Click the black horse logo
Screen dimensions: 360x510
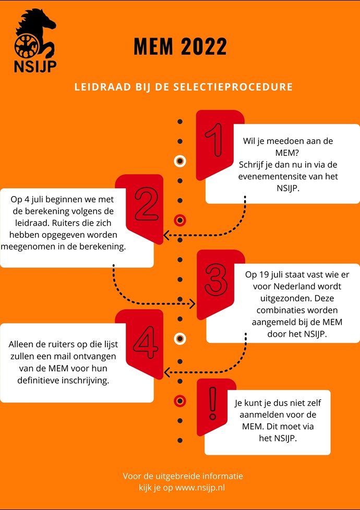coord(35,33)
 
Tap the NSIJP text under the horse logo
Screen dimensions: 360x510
coord(35,66)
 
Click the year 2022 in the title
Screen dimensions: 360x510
coord(204,46)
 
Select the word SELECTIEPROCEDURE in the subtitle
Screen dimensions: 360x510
coord(233,87)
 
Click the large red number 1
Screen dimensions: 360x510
coord(215,140)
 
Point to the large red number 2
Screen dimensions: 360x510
coord(147,204)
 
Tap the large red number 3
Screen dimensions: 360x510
coord(215,280)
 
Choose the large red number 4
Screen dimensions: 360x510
coord(146,342)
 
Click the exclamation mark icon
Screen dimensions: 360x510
coord(213,403)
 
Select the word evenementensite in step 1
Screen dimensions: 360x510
coord(271,177)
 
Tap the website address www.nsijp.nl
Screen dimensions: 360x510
coord(200,488)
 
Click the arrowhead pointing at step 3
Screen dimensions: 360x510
coord(193,304)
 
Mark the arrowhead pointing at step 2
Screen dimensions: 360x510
coord(166,235)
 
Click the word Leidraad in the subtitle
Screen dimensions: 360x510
coord(103,87)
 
